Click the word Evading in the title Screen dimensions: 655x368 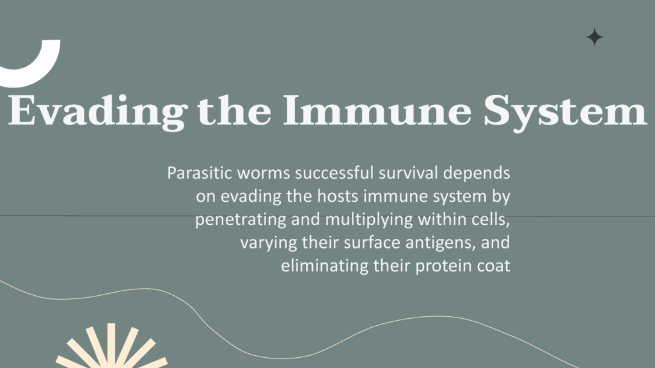(x=98, y=111)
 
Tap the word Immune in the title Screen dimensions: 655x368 (x=377, y=110)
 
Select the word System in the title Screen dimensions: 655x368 (x=565, y=111)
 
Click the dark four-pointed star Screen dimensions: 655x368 (x=594, y=37)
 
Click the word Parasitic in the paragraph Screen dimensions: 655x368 (x=200, y=172)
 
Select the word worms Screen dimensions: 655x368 (x=264, y=173)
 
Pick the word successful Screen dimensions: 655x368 (x=334, y=172)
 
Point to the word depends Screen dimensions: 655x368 (x=477, y=173)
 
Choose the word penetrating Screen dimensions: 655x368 (x=241, y=220)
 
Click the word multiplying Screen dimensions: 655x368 (x=369, y=220)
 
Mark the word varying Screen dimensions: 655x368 (x=269, y=243)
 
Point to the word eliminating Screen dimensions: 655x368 (x=324, y=266)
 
